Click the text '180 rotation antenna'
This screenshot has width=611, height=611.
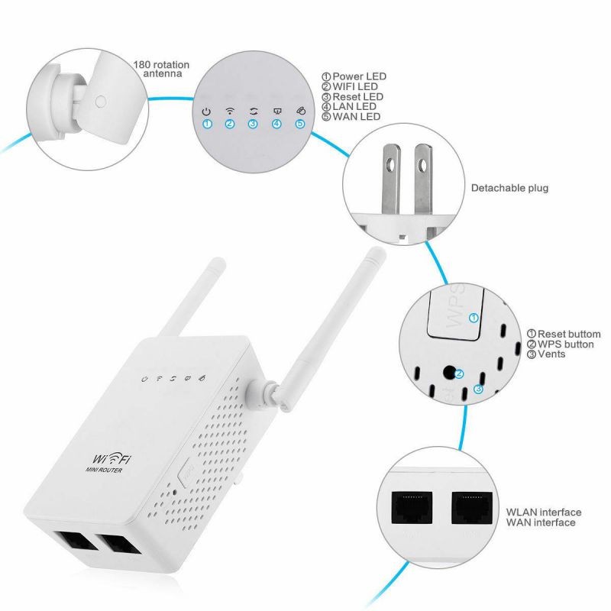160,70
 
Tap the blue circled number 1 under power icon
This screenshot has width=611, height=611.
205,124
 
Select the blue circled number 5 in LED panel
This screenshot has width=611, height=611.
300,124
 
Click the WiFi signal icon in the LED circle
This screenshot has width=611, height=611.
229,111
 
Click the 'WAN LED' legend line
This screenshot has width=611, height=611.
351,117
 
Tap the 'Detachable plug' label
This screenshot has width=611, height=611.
509,188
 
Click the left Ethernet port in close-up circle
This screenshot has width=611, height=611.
411,505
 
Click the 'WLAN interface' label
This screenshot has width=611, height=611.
544,512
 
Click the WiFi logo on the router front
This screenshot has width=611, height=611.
114,458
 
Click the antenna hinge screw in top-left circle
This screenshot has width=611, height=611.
99,99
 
